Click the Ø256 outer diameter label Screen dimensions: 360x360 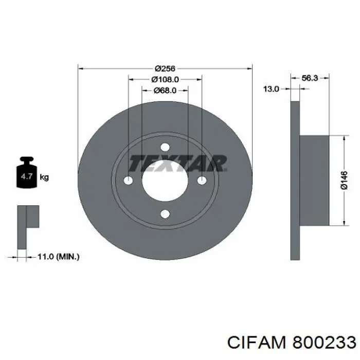coord(165,68)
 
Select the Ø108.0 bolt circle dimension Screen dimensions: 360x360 coord(165,79)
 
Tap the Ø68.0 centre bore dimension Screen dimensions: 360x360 coord(165,91)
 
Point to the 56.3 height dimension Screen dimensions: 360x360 coord(310,78)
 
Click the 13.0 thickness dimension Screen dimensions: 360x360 coord(271,89)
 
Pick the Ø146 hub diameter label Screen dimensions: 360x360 coord(344,181)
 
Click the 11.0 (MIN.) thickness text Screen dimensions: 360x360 coord(59,257)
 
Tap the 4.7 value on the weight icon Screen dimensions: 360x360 coord(27,176)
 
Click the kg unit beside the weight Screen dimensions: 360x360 coord(44,177)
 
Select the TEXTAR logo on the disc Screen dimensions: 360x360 coord(178,164)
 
